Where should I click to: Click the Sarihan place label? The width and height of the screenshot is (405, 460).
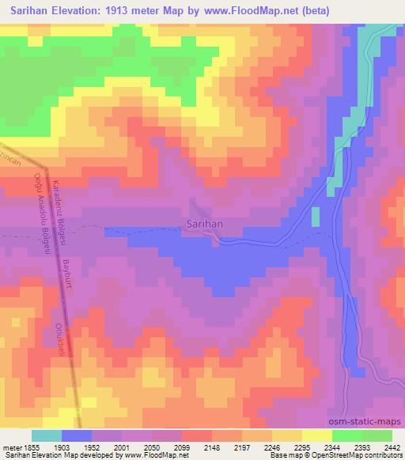[x=205, y=224]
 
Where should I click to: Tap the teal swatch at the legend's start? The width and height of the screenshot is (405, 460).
[x=47, y=435]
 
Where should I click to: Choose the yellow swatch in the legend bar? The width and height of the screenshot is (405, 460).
[x=316, y=435]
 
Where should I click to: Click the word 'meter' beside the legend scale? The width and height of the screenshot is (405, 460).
[x=12, y=447]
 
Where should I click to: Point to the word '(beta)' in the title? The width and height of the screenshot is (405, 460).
[x=312, y=11]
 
